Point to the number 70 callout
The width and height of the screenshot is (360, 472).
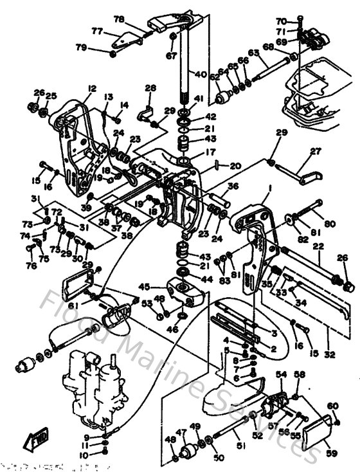pyautogui.click(x=300, y=21)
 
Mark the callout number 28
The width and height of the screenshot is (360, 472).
pyautogui.click(x=150, y=88)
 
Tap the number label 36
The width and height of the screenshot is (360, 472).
pyautogui.click(x=233, y=186)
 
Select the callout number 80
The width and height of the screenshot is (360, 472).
pyautogui.click(x=330, y=224)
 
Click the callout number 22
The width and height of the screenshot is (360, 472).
pyautogui.click(x=318, y=247)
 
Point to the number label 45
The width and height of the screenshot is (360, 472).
pyautogui.click(x=145, y=287)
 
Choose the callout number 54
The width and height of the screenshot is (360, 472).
pyautogui.click(x=281, y=374)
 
